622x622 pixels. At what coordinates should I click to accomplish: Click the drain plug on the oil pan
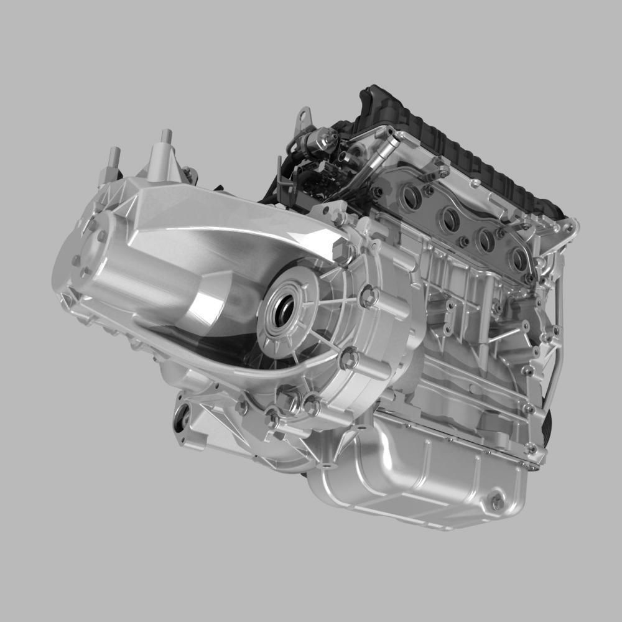coord(496,502)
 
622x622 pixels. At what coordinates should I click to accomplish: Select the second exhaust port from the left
coord(449,218)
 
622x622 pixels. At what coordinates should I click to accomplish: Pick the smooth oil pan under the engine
coord(423,479)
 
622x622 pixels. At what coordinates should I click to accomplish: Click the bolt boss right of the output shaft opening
coord(368,297)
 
